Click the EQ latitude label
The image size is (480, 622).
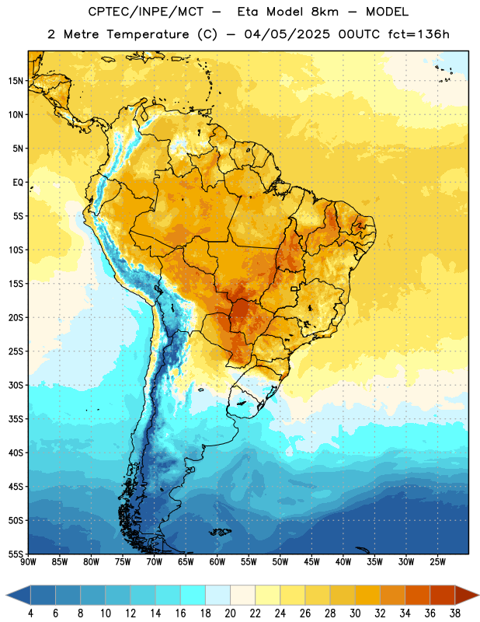[x=18, y=183]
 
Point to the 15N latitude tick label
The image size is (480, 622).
[x=16, y=81]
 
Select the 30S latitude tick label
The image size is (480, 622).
[x=16, y=385]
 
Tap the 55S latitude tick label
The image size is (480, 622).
[x=16, y=554]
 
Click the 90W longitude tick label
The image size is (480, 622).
[x=28, y=562]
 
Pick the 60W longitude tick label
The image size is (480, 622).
[x=217, y=562]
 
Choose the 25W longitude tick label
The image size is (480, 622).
[x=437, y=562]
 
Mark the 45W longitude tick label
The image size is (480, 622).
[x=311, y=562]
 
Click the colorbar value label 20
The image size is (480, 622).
[x=230, y=613]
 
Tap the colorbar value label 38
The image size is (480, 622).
[x=455, y=613]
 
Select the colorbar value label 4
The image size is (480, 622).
[x=30, y=613]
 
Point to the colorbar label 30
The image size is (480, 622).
[x=355, y=613]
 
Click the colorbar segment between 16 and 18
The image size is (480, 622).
[x=193, y=596]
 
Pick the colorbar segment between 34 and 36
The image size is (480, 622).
[x=418, y=596]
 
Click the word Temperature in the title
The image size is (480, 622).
[x=148, y=34]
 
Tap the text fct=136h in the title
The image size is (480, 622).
[x=419, y=34]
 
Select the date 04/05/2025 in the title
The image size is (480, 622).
[x=287, y=34]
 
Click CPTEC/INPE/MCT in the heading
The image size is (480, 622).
[x=146, y=12]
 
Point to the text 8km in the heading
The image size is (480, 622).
[x=325, y=12]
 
